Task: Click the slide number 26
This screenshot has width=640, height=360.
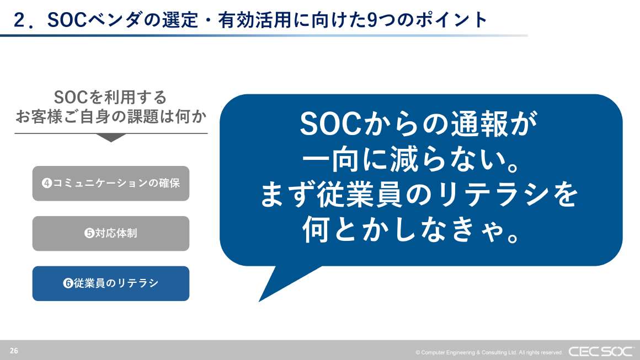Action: point(14,351)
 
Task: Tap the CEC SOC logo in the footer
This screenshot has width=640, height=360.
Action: point(601,351)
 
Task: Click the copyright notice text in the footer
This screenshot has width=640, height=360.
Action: point(489,352)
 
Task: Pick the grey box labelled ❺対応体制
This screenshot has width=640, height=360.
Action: point(111,233)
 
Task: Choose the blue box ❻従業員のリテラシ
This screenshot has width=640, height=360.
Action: point(111,283)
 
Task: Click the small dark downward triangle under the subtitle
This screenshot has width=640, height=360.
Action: point(111,138)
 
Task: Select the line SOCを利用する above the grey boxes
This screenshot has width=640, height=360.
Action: point(111,98)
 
